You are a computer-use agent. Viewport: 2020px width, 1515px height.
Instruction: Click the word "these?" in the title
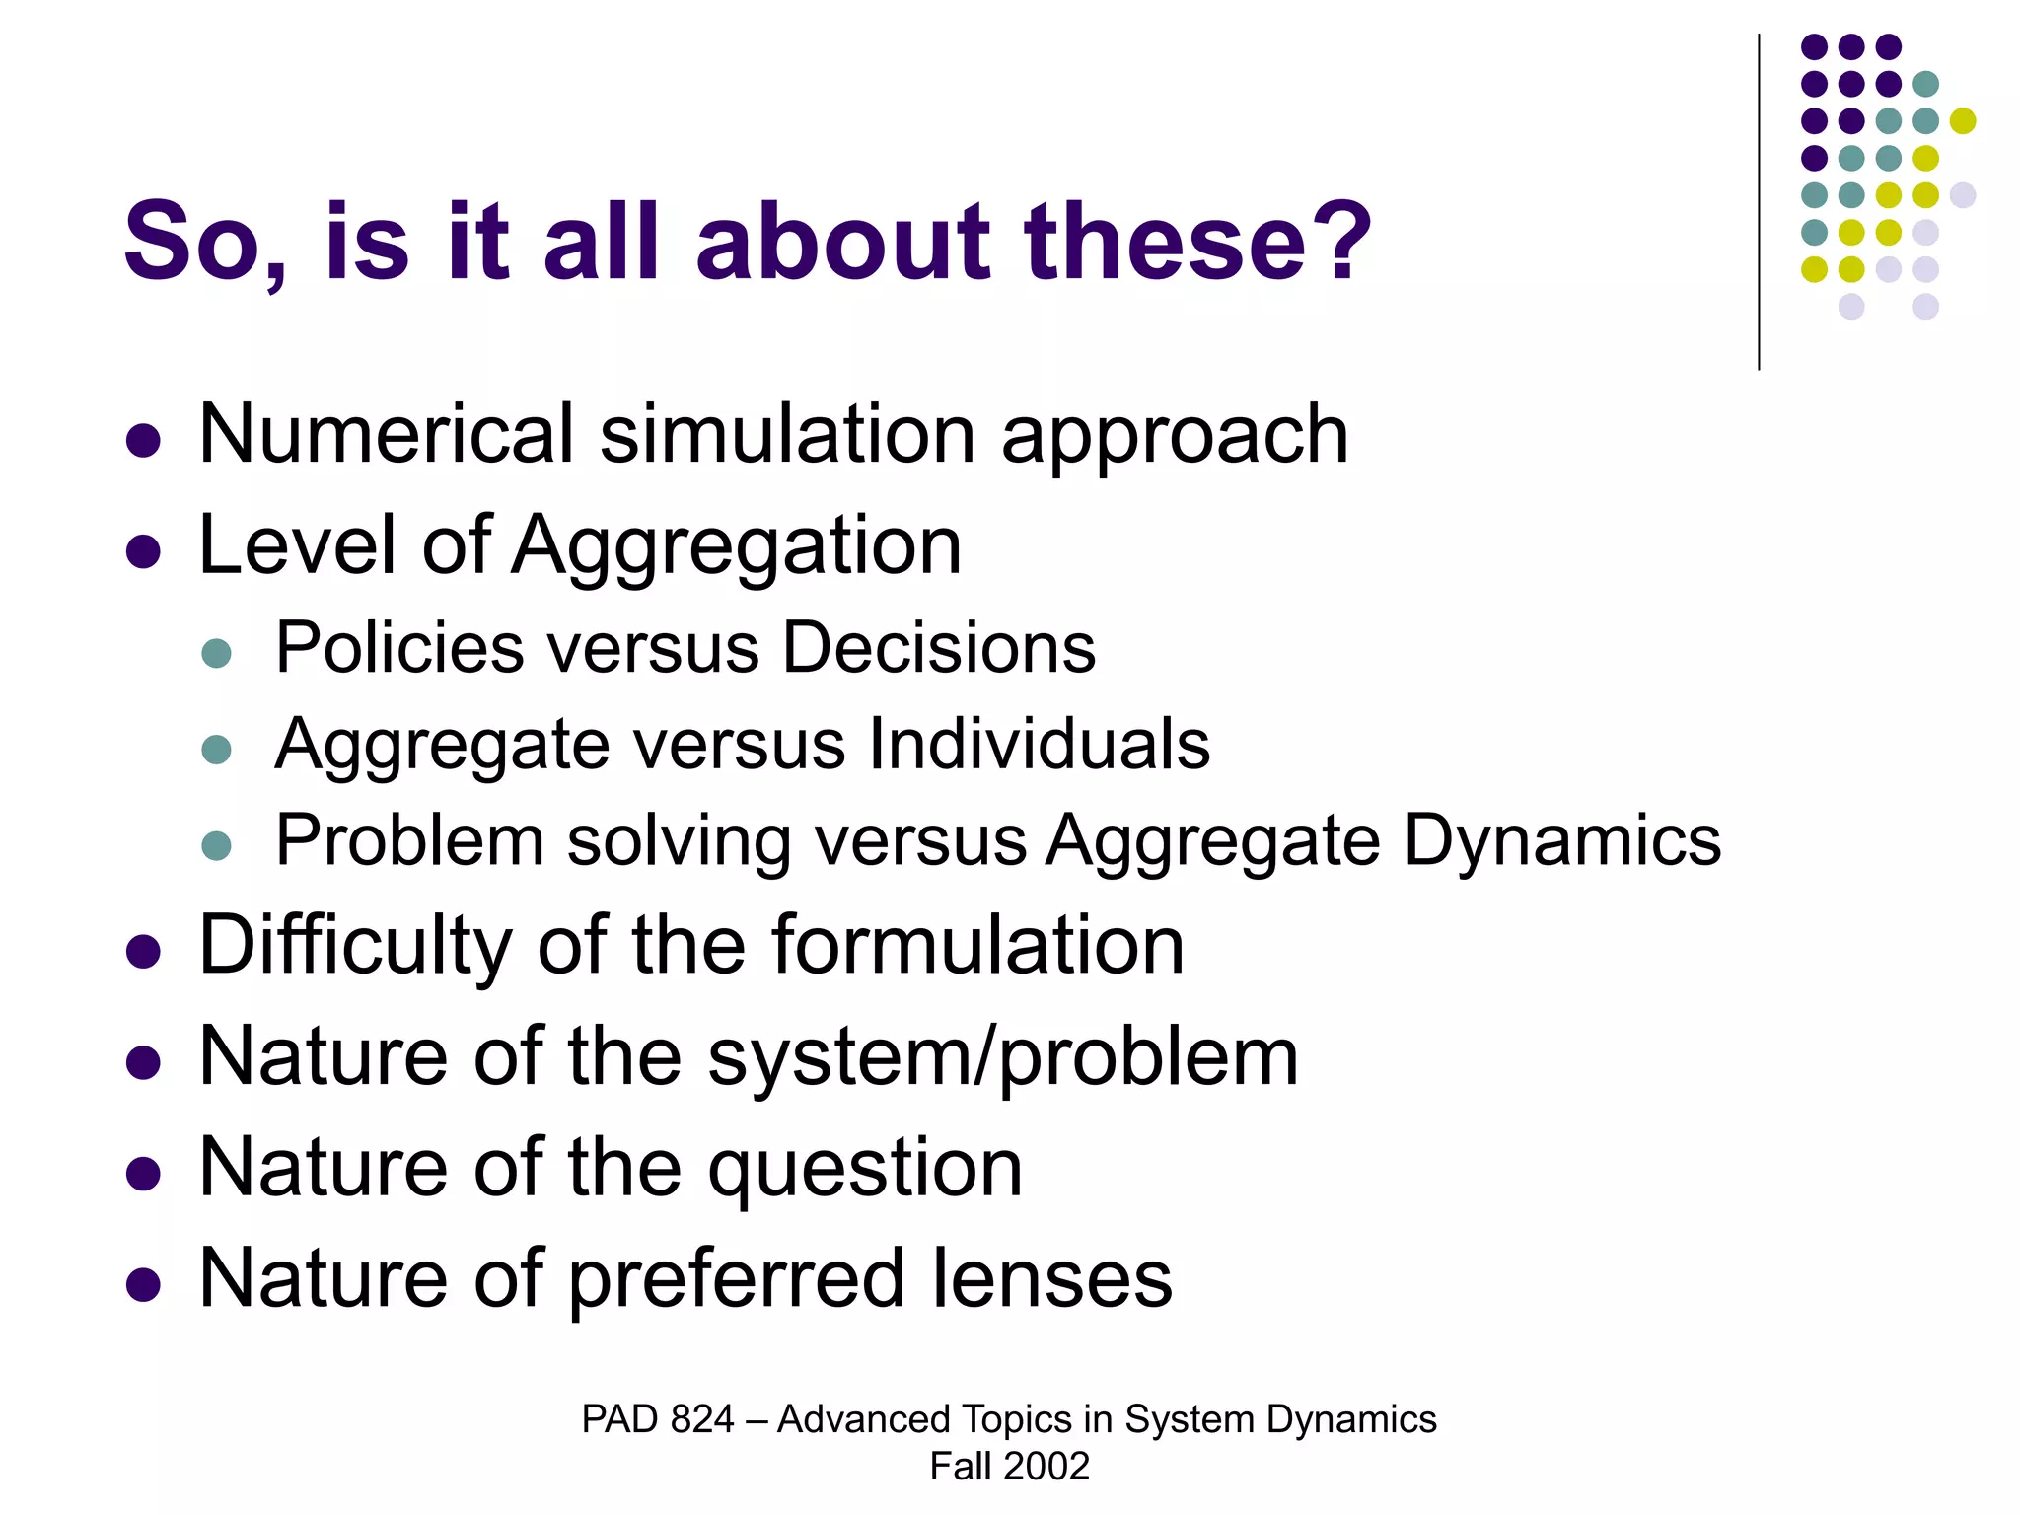pos(1197,243)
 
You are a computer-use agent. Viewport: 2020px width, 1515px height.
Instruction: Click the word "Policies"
pos(399,649)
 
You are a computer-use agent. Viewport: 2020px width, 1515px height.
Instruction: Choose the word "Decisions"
pos(938,649)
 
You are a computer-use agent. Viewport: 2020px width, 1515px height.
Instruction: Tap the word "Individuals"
pos(1039,745)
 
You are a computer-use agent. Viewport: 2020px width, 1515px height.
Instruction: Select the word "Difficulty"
pos(355,947)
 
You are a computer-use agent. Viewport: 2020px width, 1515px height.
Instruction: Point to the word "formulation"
pos(977,947)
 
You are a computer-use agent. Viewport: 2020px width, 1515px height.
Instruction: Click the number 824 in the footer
pos(701,1420)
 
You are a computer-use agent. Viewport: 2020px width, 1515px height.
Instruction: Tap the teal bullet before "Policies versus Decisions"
pos(216,653)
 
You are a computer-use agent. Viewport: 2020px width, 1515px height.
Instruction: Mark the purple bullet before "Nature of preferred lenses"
pos(144,1284)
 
